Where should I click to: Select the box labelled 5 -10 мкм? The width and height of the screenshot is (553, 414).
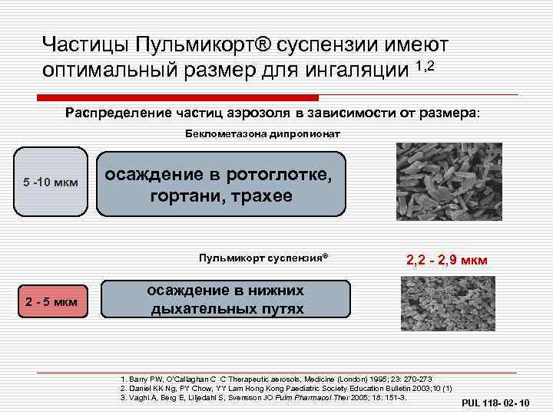[48, 183]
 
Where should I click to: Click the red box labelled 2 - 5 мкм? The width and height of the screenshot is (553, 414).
[50, 301]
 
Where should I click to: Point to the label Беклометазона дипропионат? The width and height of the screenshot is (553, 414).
[263, 133]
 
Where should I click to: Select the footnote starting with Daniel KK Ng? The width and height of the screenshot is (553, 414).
[286, 388]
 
